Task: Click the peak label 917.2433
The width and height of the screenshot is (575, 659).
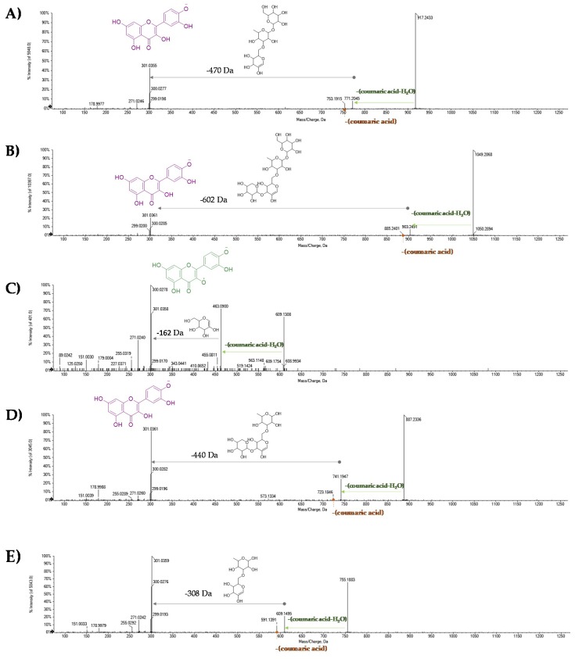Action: click(427, 16)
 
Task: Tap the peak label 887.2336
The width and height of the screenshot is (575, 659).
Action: click(415, 417)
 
